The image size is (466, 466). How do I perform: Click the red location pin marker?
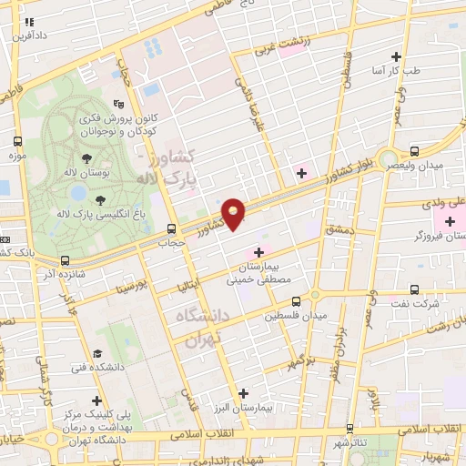tap(234, 214)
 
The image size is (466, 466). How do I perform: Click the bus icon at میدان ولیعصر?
tap(415, 151)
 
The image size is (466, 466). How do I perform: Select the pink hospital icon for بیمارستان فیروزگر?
tap(450, 221)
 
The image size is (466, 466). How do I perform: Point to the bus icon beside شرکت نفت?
tap(415, 290)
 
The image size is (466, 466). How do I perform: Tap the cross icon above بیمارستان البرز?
tap(243, 393)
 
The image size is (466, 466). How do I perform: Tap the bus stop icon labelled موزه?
tap(18, 141)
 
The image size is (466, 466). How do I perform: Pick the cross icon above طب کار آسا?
tap(397, 56)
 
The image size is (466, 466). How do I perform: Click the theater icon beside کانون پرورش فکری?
tap(117, 104)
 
